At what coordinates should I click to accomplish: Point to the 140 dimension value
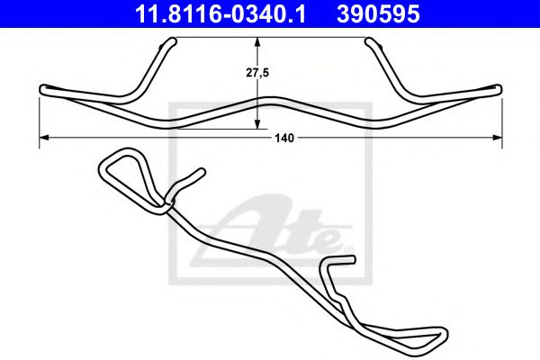(x=286, y=138)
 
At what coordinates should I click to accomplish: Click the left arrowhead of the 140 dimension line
(x=45, y=138)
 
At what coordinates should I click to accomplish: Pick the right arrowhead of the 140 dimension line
(x=497, y=138)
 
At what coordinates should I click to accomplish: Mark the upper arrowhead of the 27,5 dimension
(x=259, y=43)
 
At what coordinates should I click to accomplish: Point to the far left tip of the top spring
(x=43, y=88)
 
